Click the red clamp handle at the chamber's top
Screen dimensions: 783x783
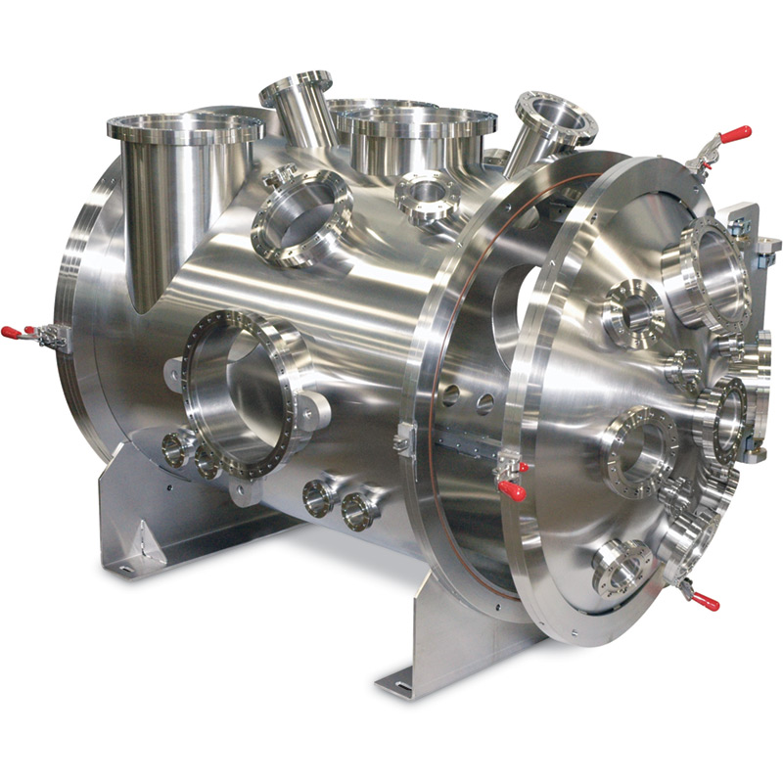pos(734,133)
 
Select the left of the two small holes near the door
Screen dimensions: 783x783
pos(449,395)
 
